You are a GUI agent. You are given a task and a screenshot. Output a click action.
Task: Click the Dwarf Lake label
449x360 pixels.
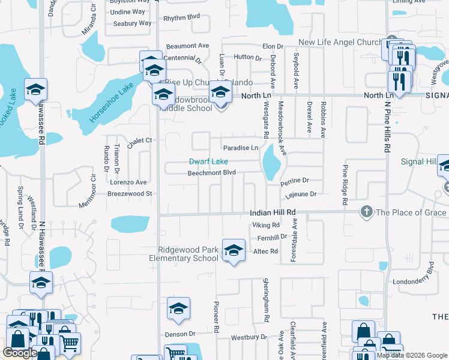pyautogui.click(x=208, y=161)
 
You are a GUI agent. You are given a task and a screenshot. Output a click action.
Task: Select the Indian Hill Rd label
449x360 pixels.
pyautogui.click(x=274, y=213)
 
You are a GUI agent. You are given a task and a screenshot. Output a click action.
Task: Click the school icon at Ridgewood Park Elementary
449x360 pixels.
pyautogui.click(x=233, y=251)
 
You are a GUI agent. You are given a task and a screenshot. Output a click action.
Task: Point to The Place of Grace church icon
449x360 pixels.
pyautogui.click(x=366, y=212)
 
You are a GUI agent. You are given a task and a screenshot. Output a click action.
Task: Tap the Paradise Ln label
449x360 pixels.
pyautogui.click(x=240, y=148)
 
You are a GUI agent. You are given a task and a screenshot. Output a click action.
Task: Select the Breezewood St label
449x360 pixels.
pyautogui.click(x=130, y=194)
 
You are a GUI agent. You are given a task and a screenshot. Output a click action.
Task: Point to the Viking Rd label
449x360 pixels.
pyautogui.click(x=267, y=226)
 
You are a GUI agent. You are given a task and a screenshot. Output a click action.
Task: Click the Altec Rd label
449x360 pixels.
pyautogui.click(x=265, y=251)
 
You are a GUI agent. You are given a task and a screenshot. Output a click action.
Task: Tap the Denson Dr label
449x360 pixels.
pyautogui.click(x=180, y=334)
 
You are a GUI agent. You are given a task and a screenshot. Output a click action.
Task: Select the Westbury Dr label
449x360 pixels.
pyautogui.click(x=244, y=337)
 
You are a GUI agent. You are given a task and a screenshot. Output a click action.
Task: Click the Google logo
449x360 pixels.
pyautogui.click(x=20, y=353)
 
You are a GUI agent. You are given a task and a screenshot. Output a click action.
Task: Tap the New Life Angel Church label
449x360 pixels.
pyautogui.click(x=340, y=43)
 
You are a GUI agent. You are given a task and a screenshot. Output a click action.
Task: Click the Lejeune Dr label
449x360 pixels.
pyautogui.click(x=300, y=194)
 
